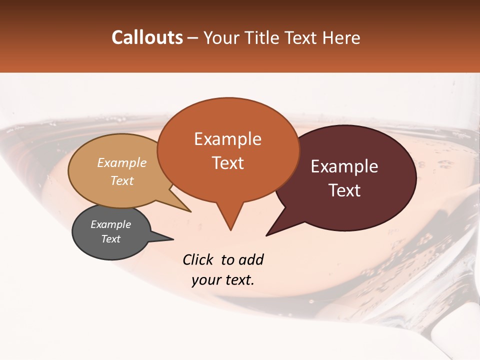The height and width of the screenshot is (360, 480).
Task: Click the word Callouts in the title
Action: point(147,37)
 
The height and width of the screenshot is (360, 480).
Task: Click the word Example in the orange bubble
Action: point(227,139)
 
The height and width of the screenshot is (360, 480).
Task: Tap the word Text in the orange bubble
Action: point(227,163)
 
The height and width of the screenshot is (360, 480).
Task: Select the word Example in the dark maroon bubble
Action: point(344,166)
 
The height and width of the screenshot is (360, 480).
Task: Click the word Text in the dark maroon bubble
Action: point(344,190)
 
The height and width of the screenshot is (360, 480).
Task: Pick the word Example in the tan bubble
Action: point(122,162)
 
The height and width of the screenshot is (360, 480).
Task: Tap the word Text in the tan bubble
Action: point(122,180)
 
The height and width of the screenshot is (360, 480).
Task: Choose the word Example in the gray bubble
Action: point(111,224)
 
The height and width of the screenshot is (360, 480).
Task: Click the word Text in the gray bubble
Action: point(111,239)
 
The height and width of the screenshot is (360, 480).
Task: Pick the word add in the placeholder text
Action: point(251,259)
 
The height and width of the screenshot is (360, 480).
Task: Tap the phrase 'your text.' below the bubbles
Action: point(223,280)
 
